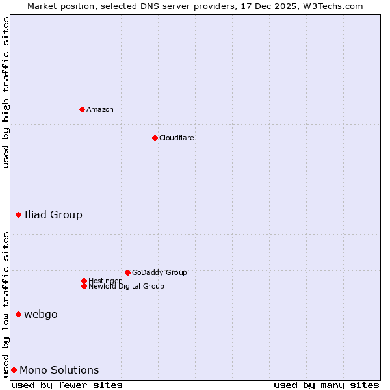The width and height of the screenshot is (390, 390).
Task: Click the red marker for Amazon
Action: coord(82,109)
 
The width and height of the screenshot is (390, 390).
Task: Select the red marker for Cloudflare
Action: coord(155,138)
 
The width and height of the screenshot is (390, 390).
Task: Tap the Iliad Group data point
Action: coord(18,214)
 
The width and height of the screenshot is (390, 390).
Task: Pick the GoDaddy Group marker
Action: coord(127,272)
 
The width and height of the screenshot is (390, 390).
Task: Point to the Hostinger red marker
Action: coord(84,281)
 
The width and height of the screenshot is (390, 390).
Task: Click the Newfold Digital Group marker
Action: coord(84,286)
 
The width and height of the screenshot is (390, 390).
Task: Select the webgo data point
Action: coord(18,314)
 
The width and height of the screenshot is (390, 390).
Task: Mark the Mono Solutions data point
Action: coord(14,370)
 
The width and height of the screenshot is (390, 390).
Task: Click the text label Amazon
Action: coord(100,109)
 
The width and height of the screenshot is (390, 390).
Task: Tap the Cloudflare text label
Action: coord(177,138)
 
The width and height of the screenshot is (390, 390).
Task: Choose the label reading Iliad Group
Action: coord(53,214)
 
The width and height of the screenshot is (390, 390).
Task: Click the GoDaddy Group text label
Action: coord(159,272)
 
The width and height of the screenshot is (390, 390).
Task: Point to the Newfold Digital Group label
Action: coord(127,287)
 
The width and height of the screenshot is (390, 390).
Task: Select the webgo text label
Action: coord(41,314)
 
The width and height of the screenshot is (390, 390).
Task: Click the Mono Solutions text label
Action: coord(59,370)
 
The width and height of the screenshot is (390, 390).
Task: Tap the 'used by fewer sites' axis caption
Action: coord(67,385)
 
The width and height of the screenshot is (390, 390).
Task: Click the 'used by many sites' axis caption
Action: coord(326,385)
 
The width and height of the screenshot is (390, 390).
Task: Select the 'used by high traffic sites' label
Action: coord(6,92)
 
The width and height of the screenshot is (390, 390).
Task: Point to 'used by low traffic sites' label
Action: coord(6,304)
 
